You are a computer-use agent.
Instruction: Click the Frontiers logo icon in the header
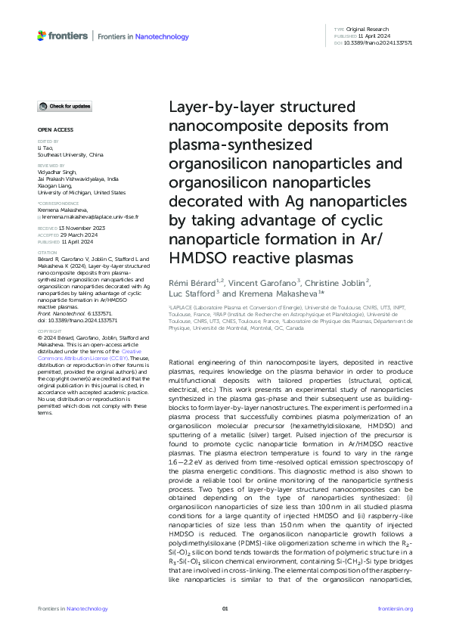pyautogui.click(x=42, y=36)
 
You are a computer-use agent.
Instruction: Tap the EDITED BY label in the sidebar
pyautogui.click(x=46, y=141)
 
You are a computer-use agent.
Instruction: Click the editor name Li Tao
pyautogui.click(x=44, y=148)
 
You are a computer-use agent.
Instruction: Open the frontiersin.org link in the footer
pyautogui.click(x=394, y=608)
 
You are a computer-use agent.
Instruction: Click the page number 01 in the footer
pyautogui.click(x=225, y=608)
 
